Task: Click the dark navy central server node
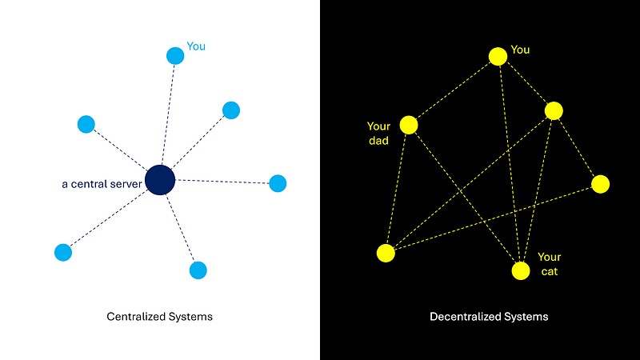point(160,180)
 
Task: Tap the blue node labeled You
point(175,55)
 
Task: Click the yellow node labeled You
point(498,56)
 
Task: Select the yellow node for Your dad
point(409,125)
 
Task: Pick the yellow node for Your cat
point(521,271)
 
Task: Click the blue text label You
point(196,46)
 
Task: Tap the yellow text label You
point(520,50)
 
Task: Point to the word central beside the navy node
point(92,184)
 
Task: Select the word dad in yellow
point(378,141)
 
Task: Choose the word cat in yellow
point(549,272)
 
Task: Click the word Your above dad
point(378,126)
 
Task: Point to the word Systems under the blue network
point(193,317)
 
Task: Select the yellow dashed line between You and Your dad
point(454,90)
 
